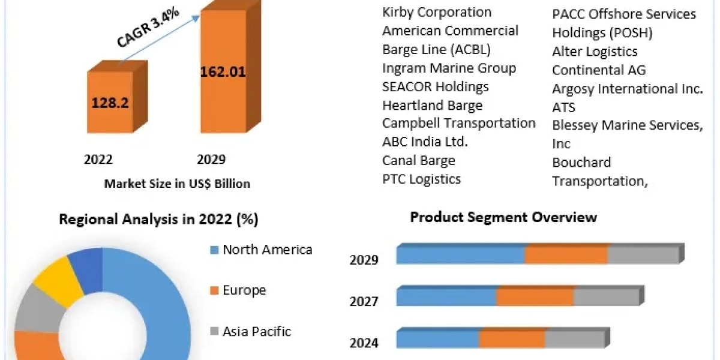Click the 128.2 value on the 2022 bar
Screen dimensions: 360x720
110,103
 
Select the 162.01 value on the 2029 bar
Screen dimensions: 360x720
223,73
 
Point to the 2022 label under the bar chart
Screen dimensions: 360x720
98,159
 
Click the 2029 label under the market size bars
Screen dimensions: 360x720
211,159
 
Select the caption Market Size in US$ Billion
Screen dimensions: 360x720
177,184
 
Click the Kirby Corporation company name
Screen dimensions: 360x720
437,12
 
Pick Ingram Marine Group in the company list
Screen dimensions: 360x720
449,68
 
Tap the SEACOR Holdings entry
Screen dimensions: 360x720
436,87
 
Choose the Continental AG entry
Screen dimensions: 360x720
599,70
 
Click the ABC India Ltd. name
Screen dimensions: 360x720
425,142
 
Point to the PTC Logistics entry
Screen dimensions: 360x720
422,179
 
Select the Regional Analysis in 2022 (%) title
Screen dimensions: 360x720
158,220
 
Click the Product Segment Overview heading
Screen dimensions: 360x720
503,217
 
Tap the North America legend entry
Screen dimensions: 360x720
267,250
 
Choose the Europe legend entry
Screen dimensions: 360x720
244,290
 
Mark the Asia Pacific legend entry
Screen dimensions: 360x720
256,331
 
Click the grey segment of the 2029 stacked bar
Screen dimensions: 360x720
643,255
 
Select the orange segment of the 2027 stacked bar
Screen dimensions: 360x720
535,297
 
